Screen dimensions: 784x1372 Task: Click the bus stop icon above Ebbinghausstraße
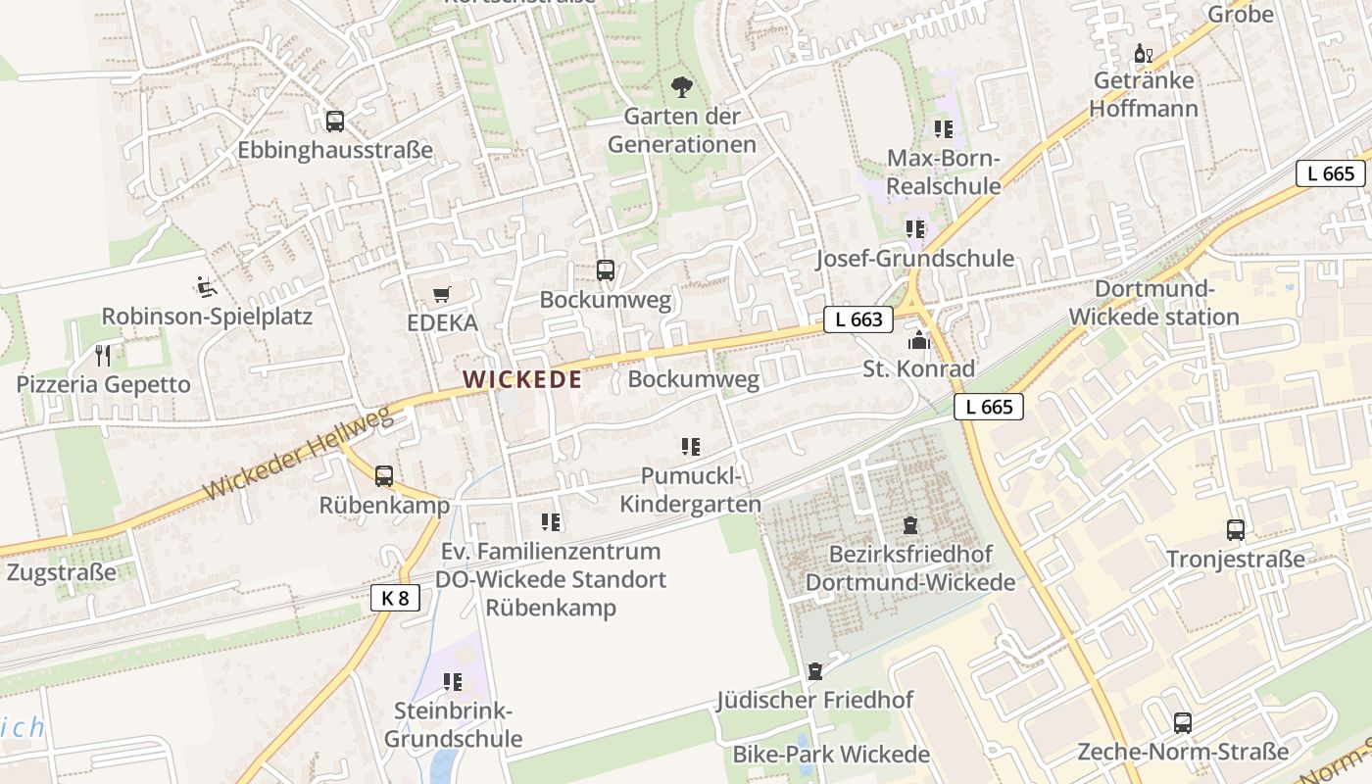(335, 122)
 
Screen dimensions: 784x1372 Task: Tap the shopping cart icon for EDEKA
(442, 294)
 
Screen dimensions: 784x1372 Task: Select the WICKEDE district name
(522, 379)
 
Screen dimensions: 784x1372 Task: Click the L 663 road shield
(858, 319)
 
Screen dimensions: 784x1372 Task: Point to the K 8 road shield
(395, 598)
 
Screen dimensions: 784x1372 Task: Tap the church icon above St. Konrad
(918, 340)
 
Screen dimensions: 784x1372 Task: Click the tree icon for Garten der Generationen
(682, 88)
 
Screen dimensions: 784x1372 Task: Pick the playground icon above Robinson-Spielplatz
(206, 287)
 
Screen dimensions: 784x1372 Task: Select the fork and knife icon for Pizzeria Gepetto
(103, 355)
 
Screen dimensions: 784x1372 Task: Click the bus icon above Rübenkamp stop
(384, 476)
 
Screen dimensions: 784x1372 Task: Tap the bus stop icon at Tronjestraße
(1236, 530)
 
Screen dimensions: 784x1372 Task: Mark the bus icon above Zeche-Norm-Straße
(1183, 723)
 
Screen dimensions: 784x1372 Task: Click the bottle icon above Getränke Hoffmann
(1143, 53)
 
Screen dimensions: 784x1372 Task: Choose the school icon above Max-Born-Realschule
(943, 129)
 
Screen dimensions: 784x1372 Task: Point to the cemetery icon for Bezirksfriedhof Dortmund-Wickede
(910, 525)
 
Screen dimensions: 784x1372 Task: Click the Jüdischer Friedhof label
(814, 700)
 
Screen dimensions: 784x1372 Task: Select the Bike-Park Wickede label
(831, 755)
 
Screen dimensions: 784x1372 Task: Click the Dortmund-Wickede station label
(1153, 303)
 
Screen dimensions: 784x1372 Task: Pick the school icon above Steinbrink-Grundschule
(452, 681)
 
